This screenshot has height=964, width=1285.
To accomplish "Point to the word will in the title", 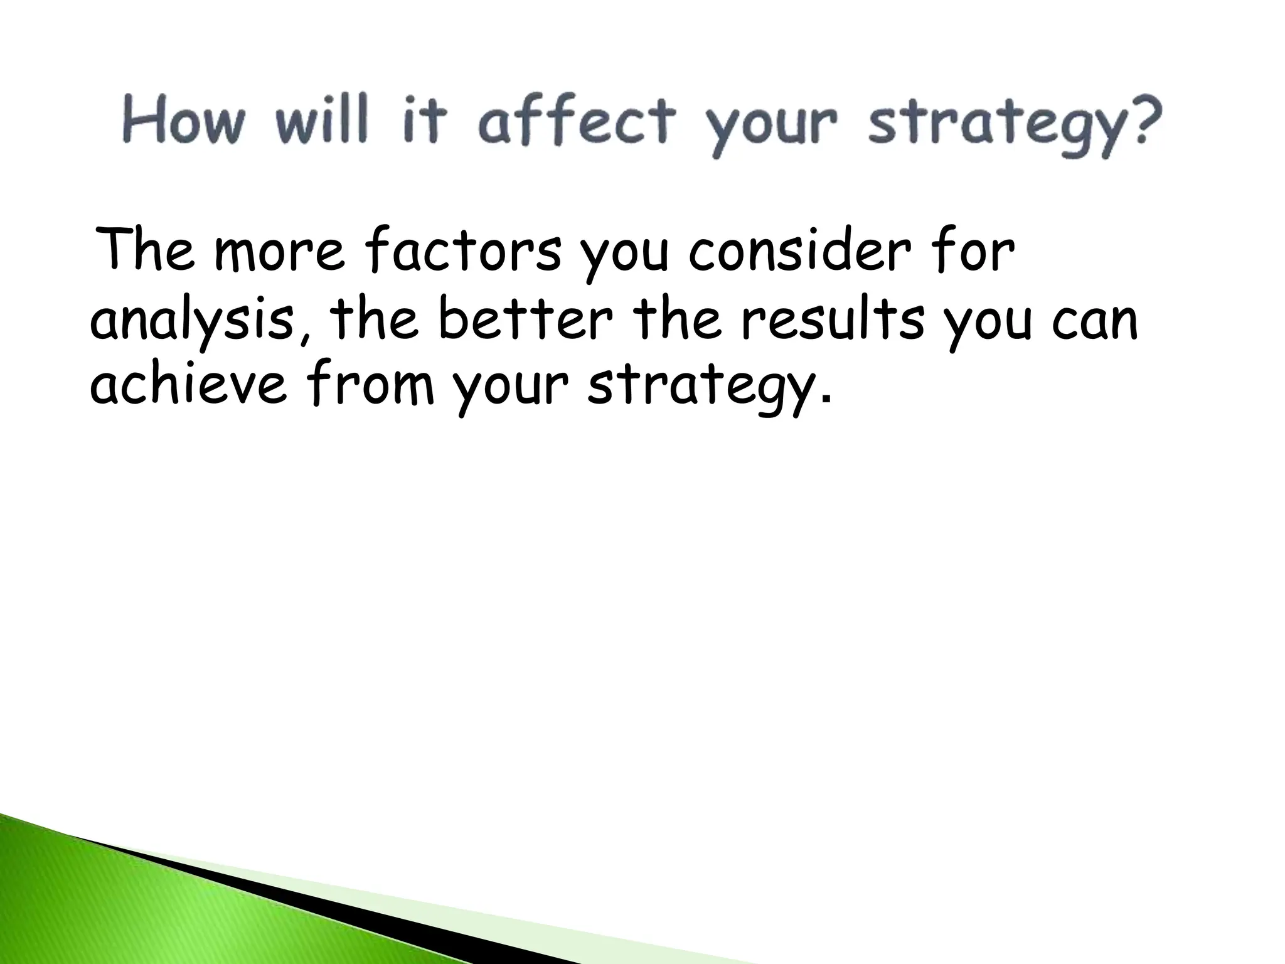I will click(x=320, y=122).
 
